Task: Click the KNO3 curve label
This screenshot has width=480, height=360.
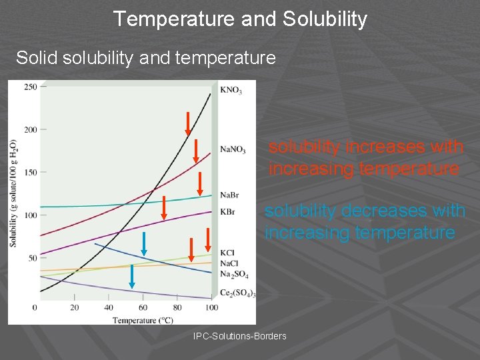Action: click(230, 89)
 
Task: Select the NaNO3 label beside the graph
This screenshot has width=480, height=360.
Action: click(233, 149)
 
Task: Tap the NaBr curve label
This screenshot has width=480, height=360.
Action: click(229, 195)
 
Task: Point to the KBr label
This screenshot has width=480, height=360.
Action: click(227, 212)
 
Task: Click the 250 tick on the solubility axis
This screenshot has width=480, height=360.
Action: click(30, 87)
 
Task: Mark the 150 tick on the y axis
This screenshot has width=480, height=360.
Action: click(30, 172)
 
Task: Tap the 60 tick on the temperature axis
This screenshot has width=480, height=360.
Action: click(143, 307)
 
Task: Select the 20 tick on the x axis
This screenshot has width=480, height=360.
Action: click(74, 307)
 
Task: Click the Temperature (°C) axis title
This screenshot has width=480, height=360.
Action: click(143, 320)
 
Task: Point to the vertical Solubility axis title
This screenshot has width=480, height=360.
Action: click(13, 193)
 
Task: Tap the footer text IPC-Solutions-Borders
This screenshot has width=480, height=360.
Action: click(239, 336)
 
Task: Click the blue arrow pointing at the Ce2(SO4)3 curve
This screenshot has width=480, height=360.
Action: click(132, 276)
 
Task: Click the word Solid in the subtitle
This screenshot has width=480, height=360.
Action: click(37, 58)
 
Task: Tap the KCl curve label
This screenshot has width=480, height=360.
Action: click(227, 253)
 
